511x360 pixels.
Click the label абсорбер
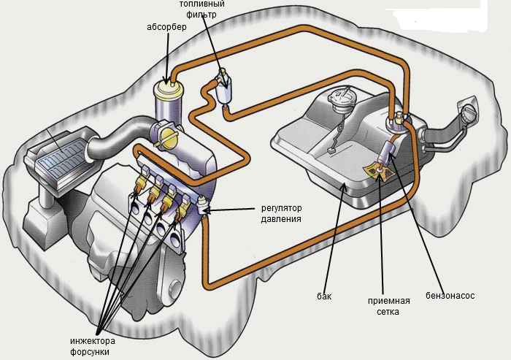pyautogui.click(x=166, y=27)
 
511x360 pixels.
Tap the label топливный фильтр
pyautogui.click(x=201, y=9)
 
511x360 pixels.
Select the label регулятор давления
pyautogui.click(x=282, y=213)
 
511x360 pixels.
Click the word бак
pyautogui.click(x=324, y=296)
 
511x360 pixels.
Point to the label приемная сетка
pyautogui.click(x=388, y=306)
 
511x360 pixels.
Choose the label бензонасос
pyautogui.click(x=450, y=296)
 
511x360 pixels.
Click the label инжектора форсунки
pyautogui.click(x=93, y=347)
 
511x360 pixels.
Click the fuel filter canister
pyautogui.click(x=225, y=88)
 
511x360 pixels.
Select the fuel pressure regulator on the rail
pyautogui.click(x=202, y=204)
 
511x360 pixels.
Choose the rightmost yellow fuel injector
pyautogui.click(x=181, y=212)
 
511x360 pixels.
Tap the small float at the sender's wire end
pyautogui.click(x=331, y=151)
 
